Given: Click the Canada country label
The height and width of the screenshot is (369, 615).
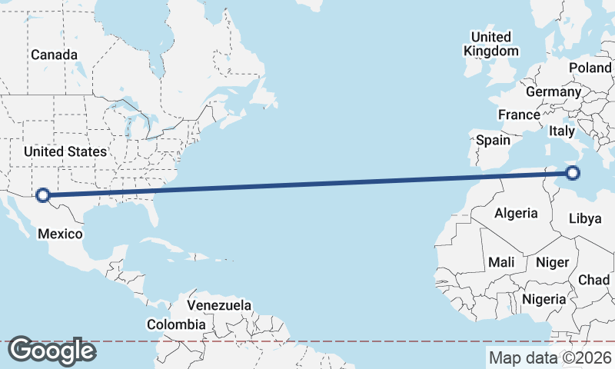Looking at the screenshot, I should click(54, 55).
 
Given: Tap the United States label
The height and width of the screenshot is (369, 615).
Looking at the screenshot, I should click(65, 151).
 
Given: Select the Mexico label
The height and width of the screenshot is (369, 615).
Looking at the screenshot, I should click(60, 233).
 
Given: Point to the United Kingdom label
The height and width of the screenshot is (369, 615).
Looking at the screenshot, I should click(491, 44).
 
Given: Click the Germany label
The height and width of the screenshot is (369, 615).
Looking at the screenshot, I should click(553, 91).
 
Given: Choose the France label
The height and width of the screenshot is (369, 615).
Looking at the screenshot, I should click(519, 115).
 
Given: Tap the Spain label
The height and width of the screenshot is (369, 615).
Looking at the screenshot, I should click(493, 140).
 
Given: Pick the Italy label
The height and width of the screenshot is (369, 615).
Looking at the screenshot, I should click(561, 132).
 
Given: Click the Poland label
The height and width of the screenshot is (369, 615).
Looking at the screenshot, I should click(590, 68).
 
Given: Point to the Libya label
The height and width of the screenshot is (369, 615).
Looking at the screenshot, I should click(584, 218).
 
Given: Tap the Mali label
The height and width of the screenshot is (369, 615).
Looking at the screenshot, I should click(501, 262).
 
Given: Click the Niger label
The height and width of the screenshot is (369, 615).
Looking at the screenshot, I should click(552, 262).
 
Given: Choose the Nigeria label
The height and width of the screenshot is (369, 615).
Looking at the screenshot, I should click(544, 299).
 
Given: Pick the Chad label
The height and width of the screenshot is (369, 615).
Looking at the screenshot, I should click(593, 280).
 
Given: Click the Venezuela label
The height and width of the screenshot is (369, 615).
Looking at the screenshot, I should click(219, 305).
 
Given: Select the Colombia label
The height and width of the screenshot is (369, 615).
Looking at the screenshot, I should click(176, 324).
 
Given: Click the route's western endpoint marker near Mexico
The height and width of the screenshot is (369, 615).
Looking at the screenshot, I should click(43, 195).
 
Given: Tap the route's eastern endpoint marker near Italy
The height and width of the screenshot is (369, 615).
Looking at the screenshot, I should click(572, 173).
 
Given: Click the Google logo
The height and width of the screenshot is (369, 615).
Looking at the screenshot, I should click(52, 351).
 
